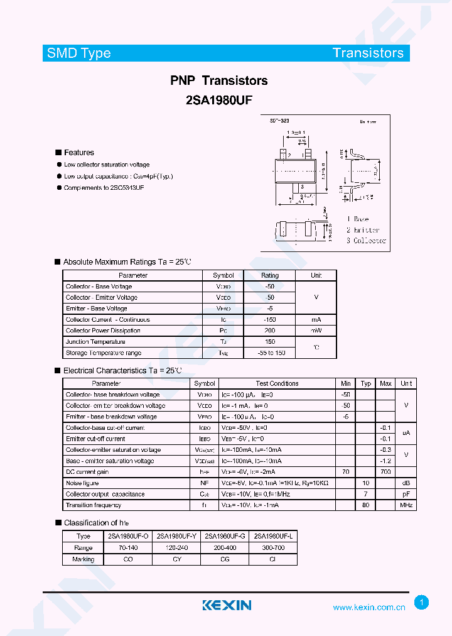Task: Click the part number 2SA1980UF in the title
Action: (219, 99)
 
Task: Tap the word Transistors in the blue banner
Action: (369, 53)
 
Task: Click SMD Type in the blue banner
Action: (79, 53)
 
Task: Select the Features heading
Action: (78, 153)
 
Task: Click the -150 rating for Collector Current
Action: (270, 320)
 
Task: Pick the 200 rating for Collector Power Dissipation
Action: (270, 331)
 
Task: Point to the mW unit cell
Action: (316, 331)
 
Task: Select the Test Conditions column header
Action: (277, 383)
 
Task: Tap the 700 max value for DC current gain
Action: (385, 472)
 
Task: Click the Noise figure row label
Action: (82, 483)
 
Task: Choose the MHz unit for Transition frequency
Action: (406, 505)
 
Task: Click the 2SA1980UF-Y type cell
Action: (177, 537)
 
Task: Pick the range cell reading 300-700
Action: (272, 548)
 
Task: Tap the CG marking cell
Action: (225, 559)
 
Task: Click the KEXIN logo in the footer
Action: (227, 605)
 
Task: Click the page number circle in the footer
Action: (422, 603)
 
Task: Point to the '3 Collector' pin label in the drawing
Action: (367, 241)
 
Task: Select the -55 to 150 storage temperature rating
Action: (270, 353)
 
